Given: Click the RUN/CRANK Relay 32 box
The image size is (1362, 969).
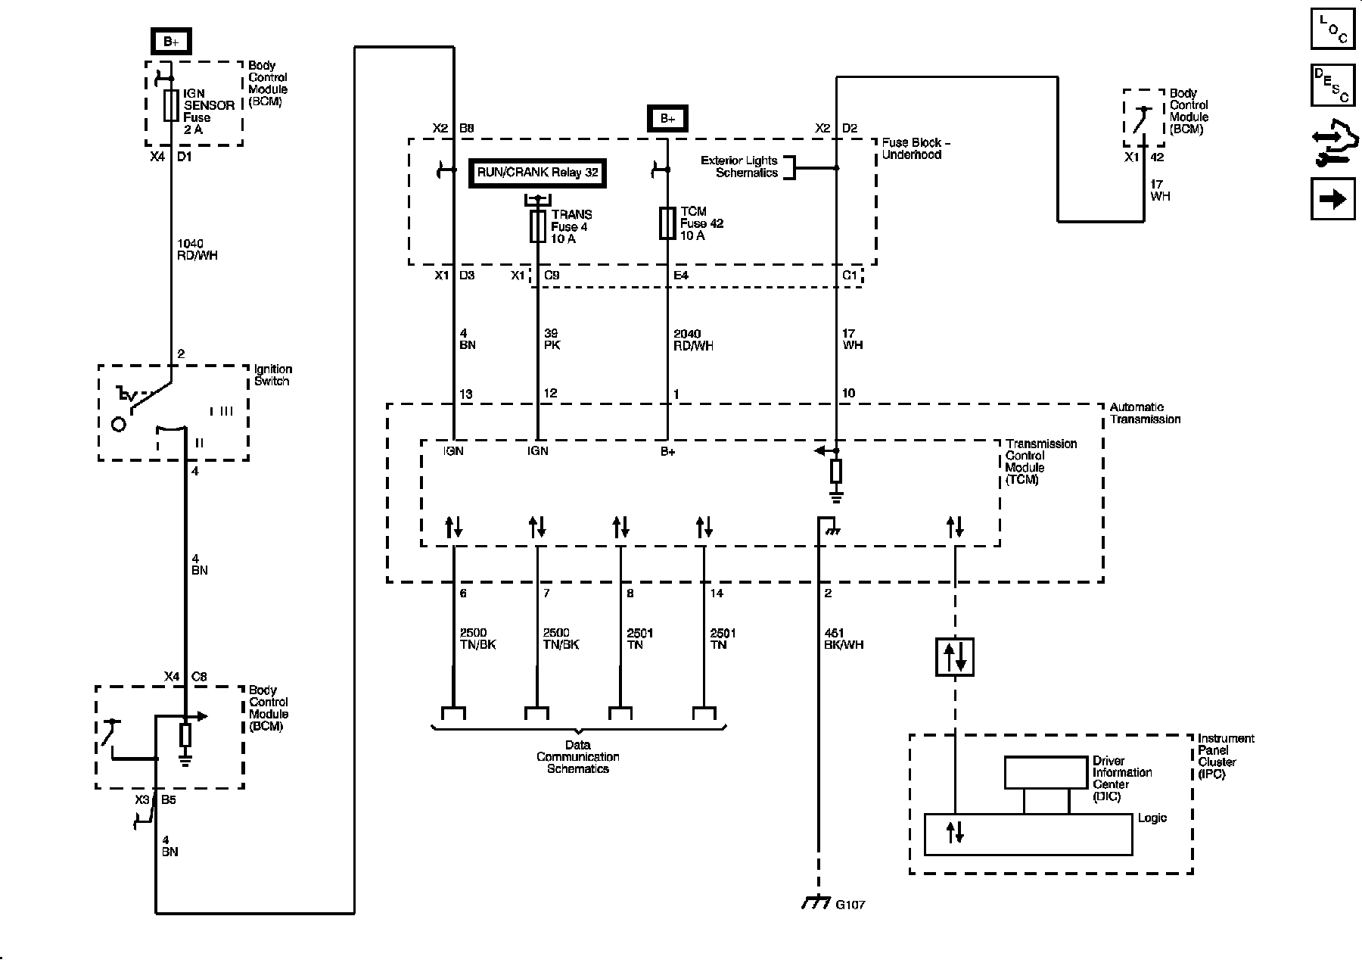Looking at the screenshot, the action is click(538, 173).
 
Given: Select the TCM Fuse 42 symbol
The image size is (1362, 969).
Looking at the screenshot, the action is click(667, 223).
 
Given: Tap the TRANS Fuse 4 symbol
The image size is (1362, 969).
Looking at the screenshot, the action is click(538, 226).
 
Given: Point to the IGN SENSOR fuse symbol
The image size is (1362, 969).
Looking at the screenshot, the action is click(171, 105).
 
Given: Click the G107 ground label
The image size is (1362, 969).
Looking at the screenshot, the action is click(850, 905).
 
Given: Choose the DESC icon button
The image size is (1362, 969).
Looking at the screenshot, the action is click(1332, 86).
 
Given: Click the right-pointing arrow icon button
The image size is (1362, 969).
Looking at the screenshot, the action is click(1332, 199).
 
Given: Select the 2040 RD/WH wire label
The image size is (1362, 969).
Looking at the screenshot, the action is click(693, 339).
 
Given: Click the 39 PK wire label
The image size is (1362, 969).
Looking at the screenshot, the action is click(552, 339).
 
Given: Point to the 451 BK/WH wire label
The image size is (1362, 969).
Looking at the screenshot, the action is click(844, 639).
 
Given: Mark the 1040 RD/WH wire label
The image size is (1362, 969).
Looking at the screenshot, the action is click(197, 249).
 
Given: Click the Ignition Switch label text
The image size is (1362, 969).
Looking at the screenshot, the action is click(273, 375).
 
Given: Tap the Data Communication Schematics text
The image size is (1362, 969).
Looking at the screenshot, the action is click(578, 757).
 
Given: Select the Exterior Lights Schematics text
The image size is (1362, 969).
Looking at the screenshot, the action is click(739, 167).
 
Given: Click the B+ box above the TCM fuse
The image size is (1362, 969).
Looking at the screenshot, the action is click(667, 118).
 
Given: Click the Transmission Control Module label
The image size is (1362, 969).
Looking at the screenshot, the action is click(1041, 462).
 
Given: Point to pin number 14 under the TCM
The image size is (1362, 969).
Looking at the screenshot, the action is click(717, 594).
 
